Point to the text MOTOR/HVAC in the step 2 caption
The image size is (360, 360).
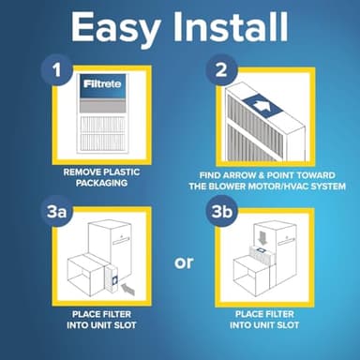[x=280, y=186]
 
